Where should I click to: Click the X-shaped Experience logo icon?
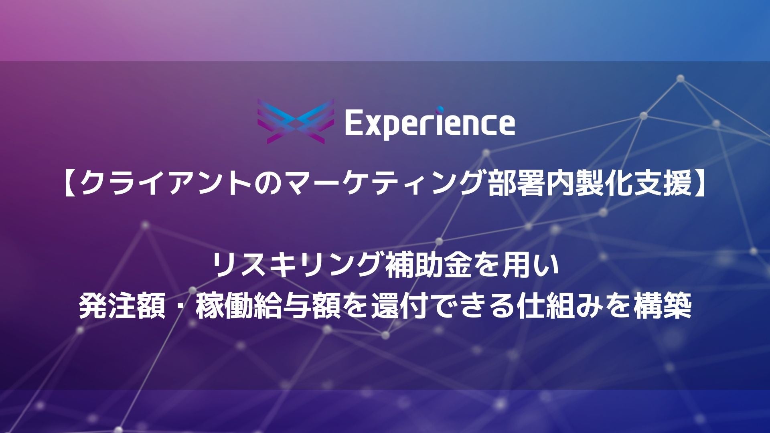296,121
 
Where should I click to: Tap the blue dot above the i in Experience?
440,108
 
